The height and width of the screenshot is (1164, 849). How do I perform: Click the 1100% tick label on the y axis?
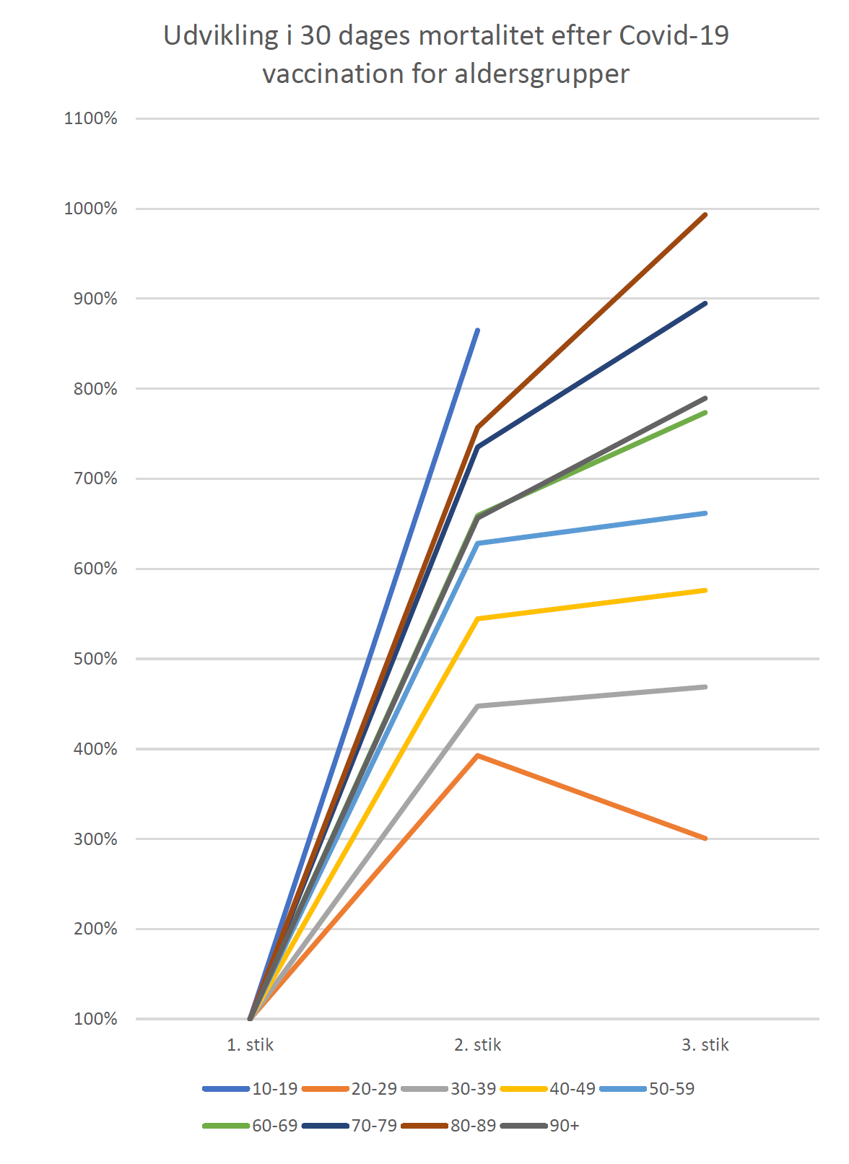(90, 118)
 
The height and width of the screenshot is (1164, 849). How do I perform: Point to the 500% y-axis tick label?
(95, 659)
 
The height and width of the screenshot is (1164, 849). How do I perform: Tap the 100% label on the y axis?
(95, 1019)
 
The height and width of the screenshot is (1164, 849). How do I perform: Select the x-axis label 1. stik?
(250, 1045)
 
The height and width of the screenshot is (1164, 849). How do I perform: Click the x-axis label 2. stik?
(477, 1045)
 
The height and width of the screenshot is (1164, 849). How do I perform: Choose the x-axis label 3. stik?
(705, 1045)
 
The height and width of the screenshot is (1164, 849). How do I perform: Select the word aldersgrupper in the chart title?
(541, 74)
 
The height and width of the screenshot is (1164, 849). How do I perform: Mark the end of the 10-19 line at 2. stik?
(477, 331)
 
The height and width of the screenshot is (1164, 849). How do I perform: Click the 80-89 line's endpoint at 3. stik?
(705, 214)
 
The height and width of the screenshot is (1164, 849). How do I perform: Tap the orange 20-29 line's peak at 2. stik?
(477, 756)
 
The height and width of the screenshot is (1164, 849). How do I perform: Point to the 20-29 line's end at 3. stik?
(705, 839)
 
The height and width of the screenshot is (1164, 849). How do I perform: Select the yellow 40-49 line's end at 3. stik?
(705, 590)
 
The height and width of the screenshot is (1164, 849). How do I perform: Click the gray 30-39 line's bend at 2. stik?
(477, 706)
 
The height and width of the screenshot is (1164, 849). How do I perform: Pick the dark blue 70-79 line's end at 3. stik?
(705, 303)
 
